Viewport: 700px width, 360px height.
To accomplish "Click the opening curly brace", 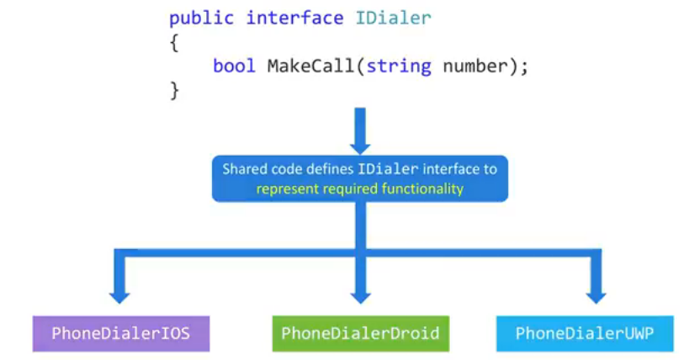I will click(x=174, y=42).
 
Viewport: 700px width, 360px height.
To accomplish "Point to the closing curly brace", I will click(x=174, y=89).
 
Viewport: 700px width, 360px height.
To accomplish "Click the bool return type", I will click(x=234, y=66).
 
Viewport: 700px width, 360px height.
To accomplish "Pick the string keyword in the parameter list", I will click(x=399, y=66).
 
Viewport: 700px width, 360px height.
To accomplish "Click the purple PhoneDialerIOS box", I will click(x=121, y=334).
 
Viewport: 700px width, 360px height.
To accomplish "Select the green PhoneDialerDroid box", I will click(x=360, y=334).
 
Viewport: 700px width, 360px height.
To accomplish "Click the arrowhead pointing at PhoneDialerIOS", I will click(x=119, y=295).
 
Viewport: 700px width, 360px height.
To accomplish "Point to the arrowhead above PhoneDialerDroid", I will click(x=360, y=295).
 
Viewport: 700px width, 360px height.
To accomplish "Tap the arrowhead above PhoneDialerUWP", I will click(x=597, y=295).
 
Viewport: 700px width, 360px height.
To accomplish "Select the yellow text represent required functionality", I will click(x=360, y=188).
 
